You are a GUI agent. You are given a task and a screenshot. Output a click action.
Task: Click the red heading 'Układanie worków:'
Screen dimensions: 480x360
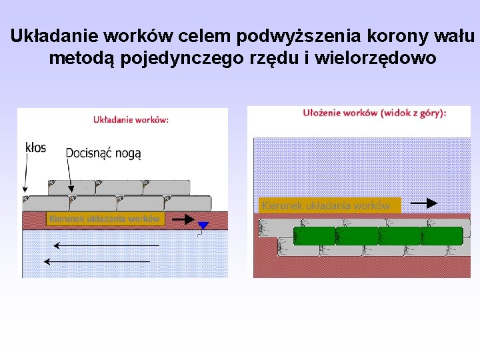point(131,120)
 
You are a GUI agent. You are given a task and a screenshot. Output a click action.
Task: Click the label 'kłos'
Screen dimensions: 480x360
point(35,147)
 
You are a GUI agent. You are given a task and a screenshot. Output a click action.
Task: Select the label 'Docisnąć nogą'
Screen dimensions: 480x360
point(103,153)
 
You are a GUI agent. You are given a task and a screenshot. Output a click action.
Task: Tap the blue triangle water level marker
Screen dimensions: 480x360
point(203,226)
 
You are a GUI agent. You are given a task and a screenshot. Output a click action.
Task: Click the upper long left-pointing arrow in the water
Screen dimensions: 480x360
point(107,245)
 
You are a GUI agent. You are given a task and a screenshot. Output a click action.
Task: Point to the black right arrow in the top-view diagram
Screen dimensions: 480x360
point(423,203)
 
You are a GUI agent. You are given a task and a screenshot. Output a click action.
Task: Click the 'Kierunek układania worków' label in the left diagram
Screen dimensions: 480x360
point(105,219)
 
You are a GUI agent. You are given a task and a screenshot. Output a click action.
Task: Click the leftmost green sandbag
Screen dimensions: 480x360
point(315,236)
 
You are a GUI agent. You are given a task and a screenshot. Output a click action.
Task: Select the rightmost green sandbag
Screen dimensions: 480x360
point(441,236)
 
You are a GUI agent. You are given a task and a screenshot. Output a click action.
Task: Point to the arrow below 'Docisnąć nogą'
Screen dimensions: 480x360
point(69,177)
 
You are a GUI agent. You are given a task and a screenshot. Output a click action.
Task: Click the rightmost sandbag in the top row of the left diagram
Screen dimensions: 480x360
point(166,187)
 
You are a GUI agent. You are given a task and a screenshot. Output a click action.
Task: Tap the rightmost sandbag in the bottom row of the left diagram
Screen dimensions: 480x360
point(187,203)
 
